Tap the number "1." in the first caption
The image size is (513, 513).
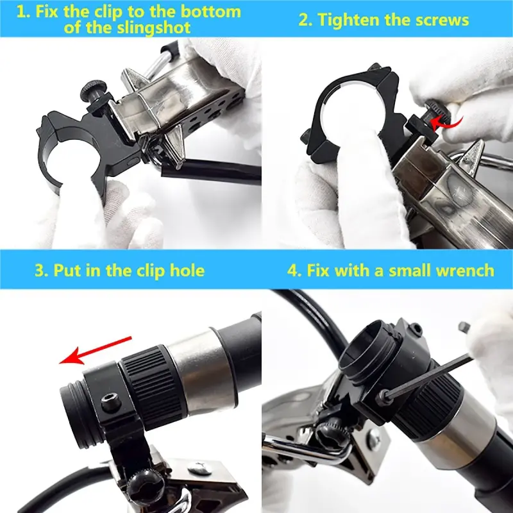(24, 12)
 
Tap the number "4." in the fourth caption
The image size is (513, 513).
(294, 270)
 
